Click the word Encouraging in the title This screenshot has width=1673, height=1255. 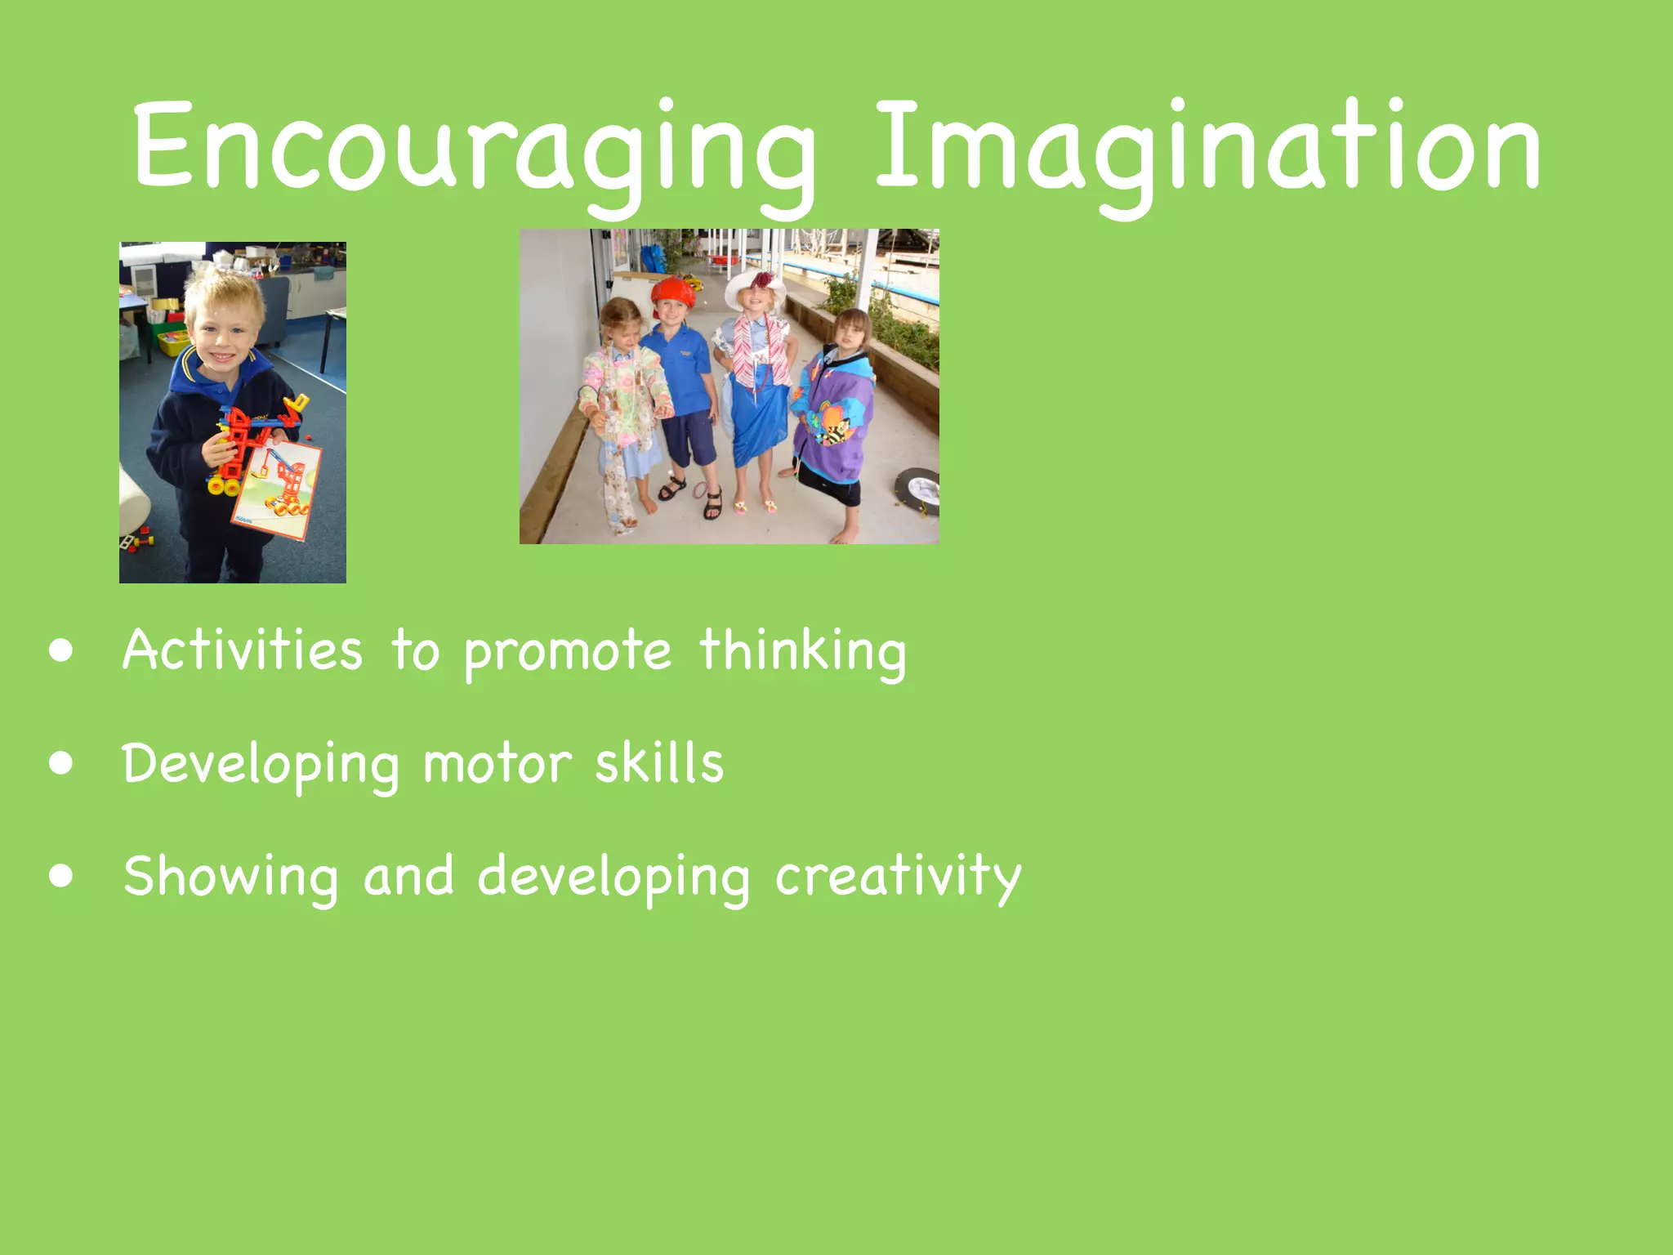pyautogui.click(x=474, y=147)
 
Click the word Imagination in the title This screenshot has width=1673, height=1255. pyautogui.click(x=1207, y=147)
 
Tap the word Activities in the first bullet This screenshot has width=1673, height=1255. pyautogui.click(x=243, y=650)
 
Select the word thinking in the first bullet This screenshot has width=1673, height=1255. pyautogui.click(x=803, y=652)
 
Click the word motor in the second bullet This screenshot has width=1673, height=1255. pyautogui.click(x=497, y=764)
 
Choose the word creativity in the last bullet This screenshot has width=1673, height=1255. pyautogui.click(x=898, y=877)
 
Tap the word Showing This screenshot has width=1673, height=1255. pyautogui.click(x=231, y=877)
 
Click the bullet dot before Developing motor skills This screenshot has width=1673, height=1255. pyautogui.click(x=60, y=764)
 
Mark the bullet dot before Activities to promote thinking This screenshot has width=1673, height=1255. pyautogui.click(x=60, y=651)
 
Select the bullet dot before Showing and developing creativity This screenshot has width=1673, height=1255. pyautogui.click(x=60, y=877)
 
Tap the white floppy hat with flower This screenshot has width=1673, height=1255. pyautogui.click(x=755, y=286)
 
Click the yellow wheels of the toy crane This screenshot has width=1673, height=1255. pyautogui.click(x=222, y=486)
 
